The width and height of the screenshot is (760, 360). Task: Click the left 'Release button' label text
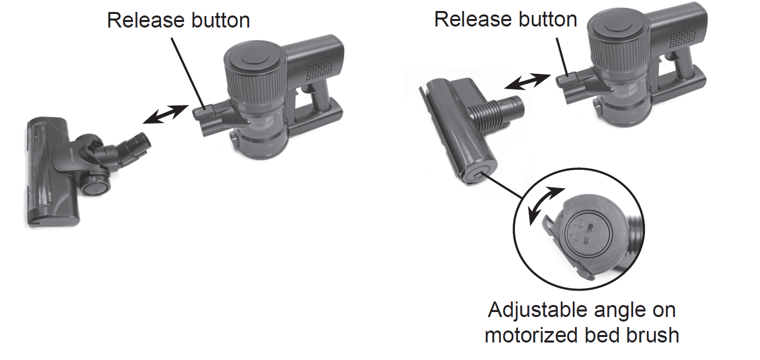(179, 20)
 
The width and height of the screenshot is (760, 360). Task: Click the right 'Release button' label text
(505, 19)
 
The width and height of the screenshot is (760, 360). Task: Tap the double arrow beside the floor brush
(166, 114)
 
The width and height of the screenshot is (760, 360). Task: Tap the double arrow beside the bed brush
(527, 81)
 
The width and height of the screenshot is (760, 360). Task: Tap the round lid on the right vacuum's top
(618, 26)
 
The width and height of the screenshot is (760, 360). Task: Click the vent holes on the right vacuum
(683, 37)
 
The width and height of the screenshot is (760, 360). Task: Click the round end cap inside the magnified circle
(589, 233)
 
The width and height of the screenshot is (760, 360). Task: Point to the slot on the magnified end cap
(590, 233)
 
